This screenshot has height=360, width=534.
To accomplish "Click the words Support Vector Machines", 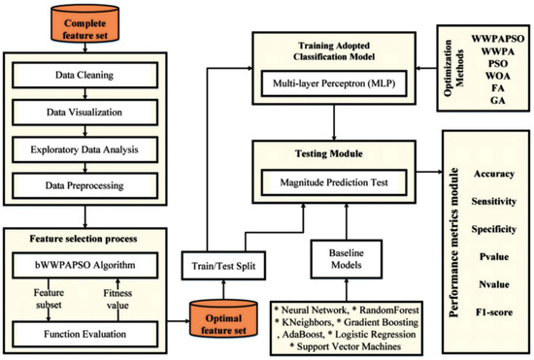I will (x=333, y=345).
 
